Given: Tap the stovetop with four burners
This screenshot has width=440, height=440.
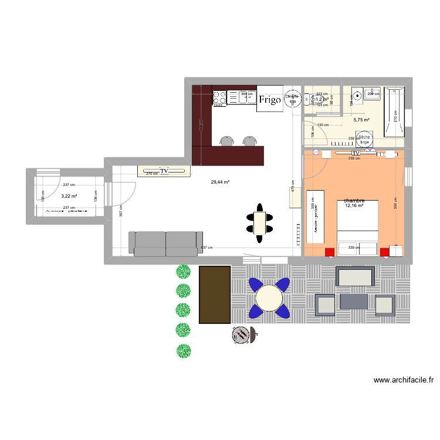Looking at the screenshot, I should pos(219,97).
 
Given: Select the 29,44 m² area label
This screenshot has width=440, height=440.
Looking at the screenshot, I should pos(220,182).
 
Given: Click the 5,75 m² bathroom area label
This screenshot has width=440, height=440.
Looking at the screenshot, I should pos(361,120).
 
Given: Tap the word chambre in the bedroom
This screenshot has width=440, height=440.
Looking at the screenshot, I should pos(354,200).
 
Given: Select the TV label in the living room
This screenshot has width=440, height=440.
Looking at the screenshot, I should pos(164,171).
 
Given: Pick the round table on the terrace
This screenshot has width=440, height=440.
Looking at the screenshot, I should pos(269,297).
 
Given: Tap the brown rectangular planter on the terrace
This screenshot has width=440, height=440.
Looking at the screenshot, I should pos(215,295).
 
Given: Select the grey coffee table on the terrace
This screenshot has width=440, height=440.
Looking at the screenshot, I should pos(354,302).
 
